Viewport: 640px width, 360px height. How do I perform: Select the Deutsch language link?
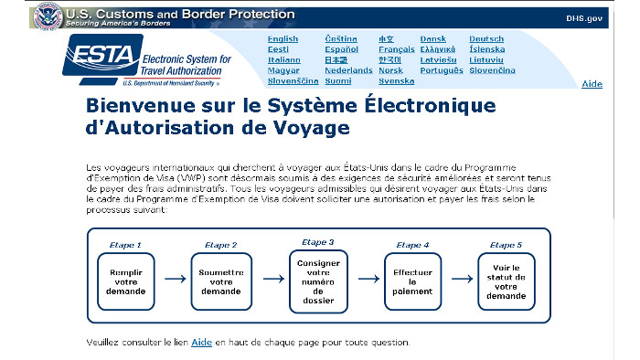(486, 39)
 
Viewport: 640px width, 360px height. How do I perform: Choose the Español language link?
(340, 49)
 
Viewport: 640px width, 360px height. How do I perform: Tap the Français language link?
(396, 49)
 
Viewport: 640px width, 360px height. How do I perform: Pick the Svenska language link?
(396, 80)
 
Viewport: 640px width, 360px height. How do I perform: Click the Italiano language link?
(284, 59)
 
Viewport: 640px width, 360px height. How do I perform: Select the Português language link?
(442, 70)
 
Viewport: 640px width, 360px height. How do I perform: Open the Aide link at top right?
(592, 84)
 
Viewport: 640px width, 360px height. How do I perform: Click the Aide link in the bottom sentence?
(201, 343)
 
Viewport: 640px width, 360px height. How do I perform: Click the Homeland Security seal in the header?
(46, 16)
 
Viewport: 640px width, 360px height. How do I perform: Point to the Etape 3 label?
(317, 242)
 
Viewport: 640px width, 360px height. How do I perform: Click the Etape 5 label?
(507, 245)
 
